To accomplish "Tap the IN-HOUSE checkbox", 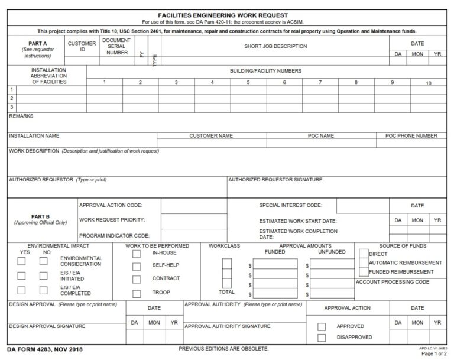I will click(x=137, y=253).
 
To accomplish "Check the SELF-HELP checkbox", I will click(x=137, y=266).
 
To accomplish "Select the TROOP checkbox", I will click(x=137, y=293).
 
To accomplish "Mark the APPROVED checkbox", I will click(x=322, y=326).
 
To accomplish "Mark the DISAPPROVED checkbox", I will click(x=322, y=338).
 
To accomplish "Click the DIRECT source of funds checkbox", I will click(x=364, y=254).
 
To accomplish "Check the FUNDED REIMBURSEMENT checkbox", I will click(x=364, y=272).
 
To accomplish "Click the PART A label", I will click(x=37, y=43).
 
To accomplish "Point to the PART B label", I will click(x=40, y=216).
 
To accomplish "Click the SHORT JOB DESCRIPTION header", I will click(x=275, y=46).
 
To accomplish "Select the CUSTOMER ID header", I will click(x=82, y=47).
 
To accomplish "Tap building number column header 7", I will click(x=320, y=82).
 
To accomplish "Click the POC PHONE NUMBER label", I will click(x=411, y=136).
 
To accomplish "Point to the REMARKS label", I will click(x=21, y=116).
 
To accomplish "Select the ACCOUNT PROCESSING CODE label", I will click(x=392, y=282).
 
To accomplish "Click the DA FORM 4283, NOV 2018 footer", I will click(x=45, y=349).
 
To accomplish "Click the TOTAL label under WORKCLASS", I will click(x=226, y=292).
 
